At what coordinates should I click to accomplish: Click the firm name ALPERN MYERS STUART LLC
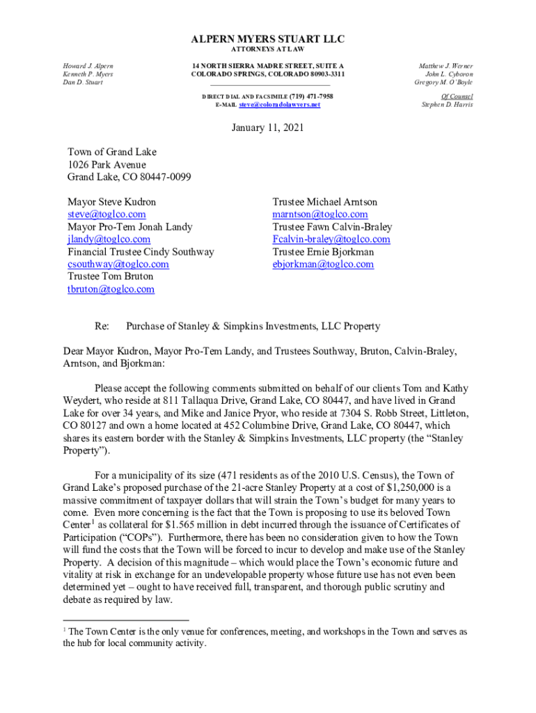pyautogui.click(x=268, y=39)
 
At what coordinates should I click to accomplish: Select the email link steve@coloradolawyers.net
pyautogui.click(x=279, y=104)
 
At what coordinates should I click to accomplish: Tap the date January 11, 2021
pyautogui.click(x=268, y=129)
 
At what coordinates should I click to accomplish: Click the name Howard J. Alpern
pyautogui.click(x=88, y=65)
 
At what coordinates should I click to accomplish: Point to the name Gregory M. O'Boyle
pyautogui.click(x=444, y=82)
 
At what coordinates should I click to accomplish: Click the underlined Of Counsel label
pyautogui.click(x=457, y=96)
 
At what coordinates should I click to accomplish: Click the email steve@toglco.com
pyautogui.click(x=107, y=214)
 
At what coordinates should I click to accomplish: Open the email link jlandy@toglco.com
pyautogui.click(x=109, y=240)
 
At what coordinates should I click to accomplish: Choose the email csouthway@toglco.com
pyautogui.click(x=118, y=265)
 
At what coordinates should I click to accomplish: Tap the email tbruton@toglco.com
pyautogui.click(x=111, y=290)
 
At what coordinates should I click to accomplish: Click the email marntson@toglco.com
pyautogui.click(x=320, y=214)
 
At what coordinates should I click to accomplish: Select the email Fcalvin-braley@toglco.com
pyautogui.click(x=331, y=240)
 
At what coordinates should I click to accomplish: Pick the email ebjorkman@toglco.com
pyautogui.click(x=323, y=265)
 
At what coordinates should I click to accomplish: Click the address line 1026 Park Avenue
pyautogui.click(x=107, y=164)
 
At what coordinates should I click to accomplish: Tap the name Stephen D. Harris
pyautogui.click(x=448, y=104)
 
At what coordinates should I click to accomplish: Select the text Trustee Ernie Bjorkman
pyautogui.click(x=323, y=252)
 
